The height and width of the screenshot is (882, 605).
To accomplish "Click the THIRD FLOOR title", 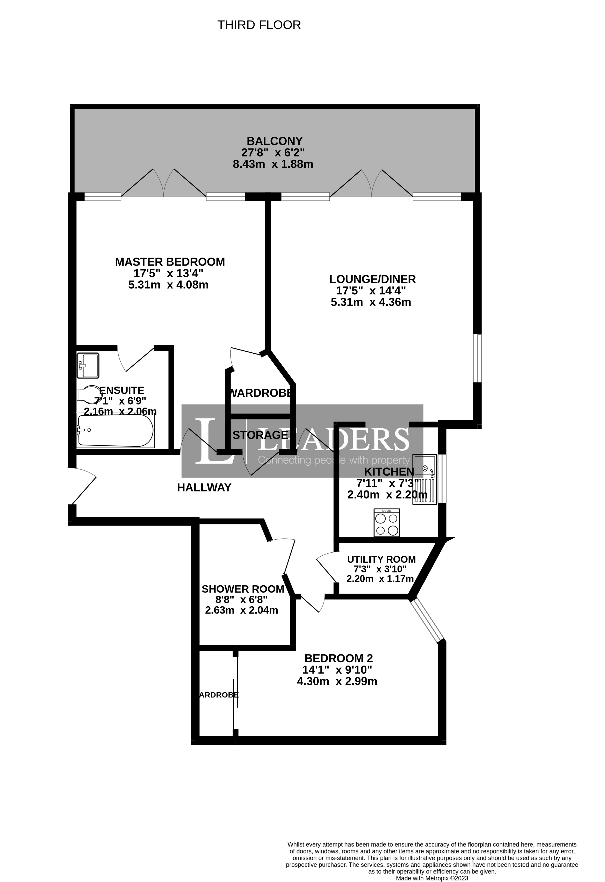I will pos(259,25).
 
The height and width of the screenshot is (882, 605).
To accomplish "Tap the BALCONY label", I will pos(274,141).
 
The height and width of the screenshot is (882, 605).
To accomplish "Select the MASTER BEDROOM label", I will pos(170,262).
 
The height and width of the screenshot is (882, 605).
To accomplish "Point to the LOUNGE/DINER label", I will pos(372,279).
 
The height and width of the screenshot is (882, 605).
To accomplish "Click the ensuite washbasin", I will pos(88,366).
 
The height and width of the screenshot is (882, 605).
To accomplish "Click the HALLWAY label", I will pos(204,488).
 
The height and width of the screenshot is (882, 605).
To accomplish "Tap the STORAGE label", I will pos(260,435).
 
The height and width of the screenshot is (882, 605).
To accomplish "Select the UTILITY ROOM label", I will pos(381,559).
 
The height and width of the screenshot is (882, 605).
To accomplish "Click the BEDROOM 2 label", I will pos(338,658).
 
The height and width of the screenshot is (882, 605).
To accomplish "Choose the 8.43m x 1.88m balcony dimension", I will pos(273,164).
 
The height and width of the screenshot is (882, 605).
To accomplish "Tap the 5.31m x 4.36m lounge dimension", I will pos(371,302).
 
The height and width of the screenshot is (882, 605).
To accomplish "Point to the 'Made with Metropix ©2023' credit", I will pos(432,878).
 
